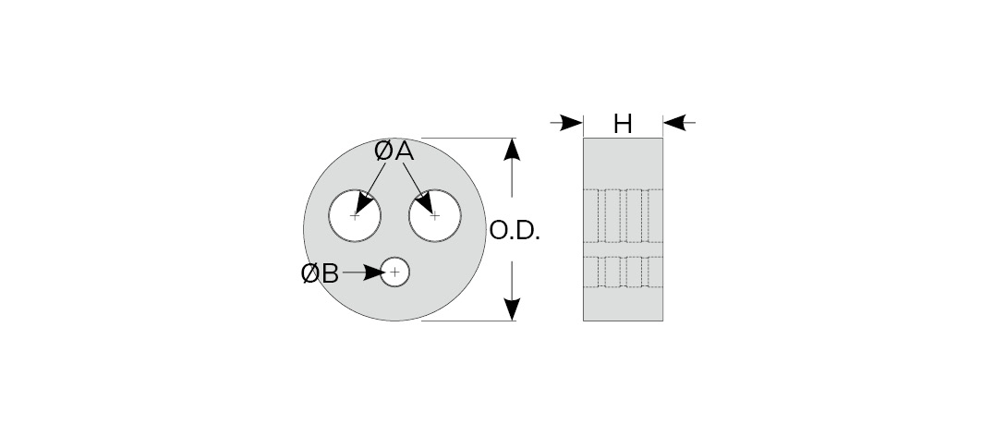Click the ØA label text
[x=394, y=152]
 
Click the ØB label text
[x=321, y=272]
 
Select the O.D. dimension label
[x=514, y=231]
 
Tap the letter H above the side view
[x=623, y=123]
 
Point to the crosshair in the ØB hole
[x=395, y=272]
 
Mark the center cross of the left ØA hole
[x=356, y=216]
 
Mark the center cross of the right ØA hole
[x=435, y=216]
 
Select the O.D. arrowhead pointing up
[x=514, y=151]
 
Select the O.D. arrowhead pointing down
[x=514, y=309]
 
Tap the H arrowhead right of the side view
[x=674, y=122]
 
